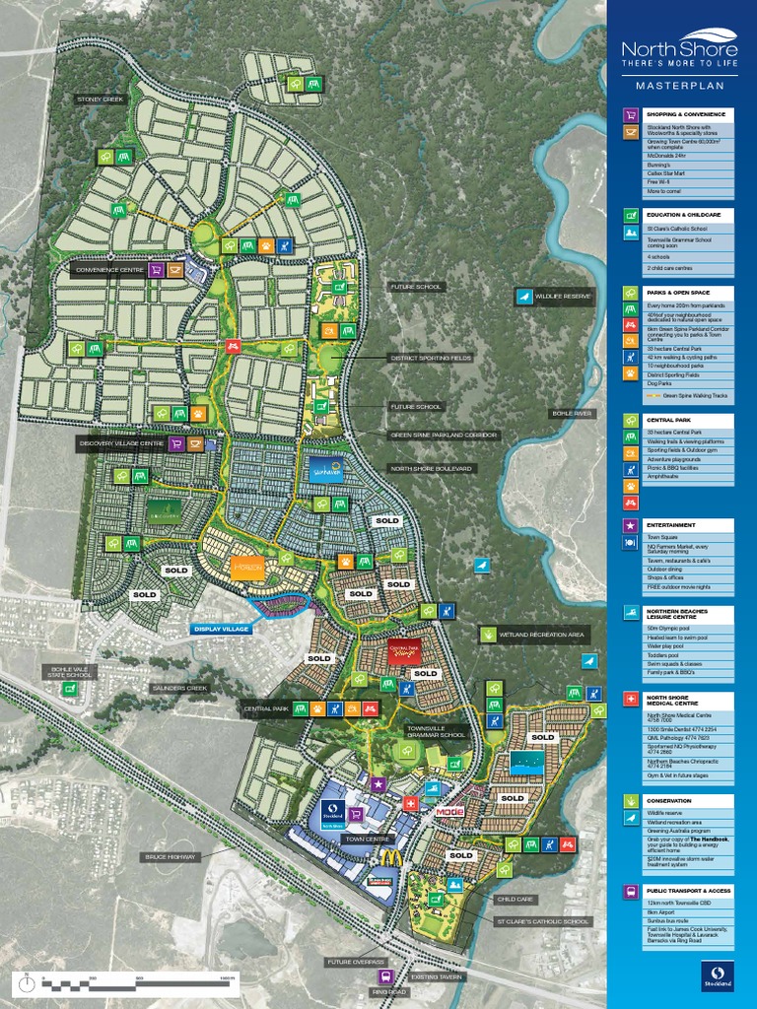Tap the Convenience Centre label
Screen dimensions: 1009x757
coord(108,268)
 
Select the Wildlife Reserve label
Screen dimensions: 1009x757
coord(562,295)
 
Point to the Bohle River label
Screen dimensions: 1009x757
coord(573,413)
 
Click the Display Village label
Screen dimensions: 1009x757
coord(222,628)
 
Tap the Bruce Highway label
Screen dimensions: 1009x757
coord(170,856)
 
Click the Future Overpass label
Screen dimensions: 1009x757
coord(357,961)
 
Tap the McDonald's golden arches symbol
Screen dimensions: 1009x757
coord(393,858)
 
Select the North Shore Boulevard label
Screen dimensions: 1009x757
coord(432,468)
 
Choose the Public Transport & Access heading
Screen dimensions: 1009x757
coord(687,891)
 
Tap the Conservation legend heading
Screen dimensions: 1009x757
coord(668,801)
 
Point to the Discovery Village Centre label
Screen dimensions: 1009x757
coord(121,443)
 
